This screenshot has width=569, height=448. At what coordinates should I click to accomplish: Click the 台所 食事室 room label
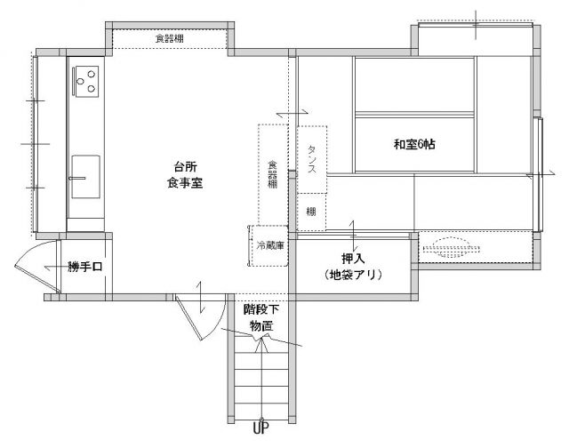185,175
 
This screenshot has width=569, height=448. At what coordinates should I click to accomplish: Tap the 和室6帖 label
414,144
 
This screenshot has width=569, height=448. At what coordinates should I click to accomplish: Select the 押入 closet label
353,259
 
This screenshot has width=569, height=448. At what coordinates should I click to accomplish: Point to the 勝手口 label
85,267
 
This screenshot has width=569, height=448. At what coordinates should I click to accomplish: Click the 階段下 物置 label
261,317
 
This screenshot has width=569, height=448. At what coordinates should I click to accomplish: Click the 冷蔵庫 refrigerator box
269,246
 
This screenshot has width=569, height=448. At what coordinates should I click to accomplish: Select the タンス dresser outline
312,159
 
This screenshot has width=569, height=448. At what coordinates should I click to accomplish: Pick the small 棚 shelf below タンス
311,212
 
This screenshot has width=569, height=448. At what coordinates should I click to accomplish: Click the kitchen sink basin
85,177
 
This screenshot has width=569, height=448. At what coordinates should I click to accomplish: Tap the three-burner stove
85,81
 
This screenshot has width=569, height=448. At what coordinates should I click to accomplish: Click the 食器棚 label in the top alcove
170,38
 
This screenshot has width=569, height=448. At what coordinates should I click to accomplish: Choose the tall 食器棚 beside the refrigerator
273,174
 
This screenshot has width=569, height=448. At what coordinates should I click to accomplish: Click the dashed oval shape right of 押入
451,248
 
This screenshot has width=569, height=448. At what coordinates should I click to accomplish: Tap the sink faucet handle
77,178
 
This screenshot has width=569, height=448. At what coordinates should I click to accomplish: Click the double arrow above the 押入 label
352,234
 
